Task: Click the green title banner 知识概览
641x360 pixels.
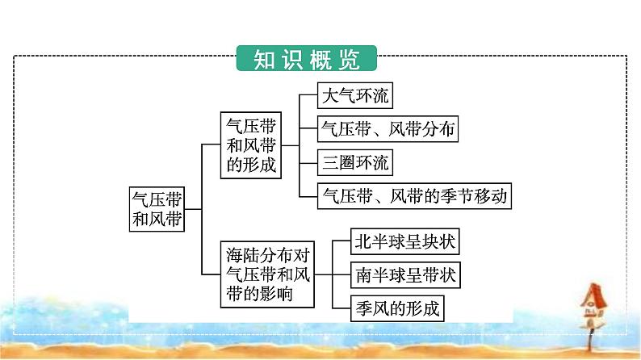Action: [308, 60]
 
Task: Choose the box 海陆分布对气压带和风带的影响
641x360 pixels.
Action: [266, 274]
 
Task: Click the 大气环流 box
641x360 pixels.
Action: [355, 98]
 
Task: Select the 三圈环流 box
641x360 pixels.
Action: [355, 162]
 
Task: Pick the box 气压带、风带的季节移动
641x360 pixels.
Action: [415, 195]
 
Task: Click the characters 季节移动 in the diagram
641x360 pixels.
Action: [474, 195]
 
